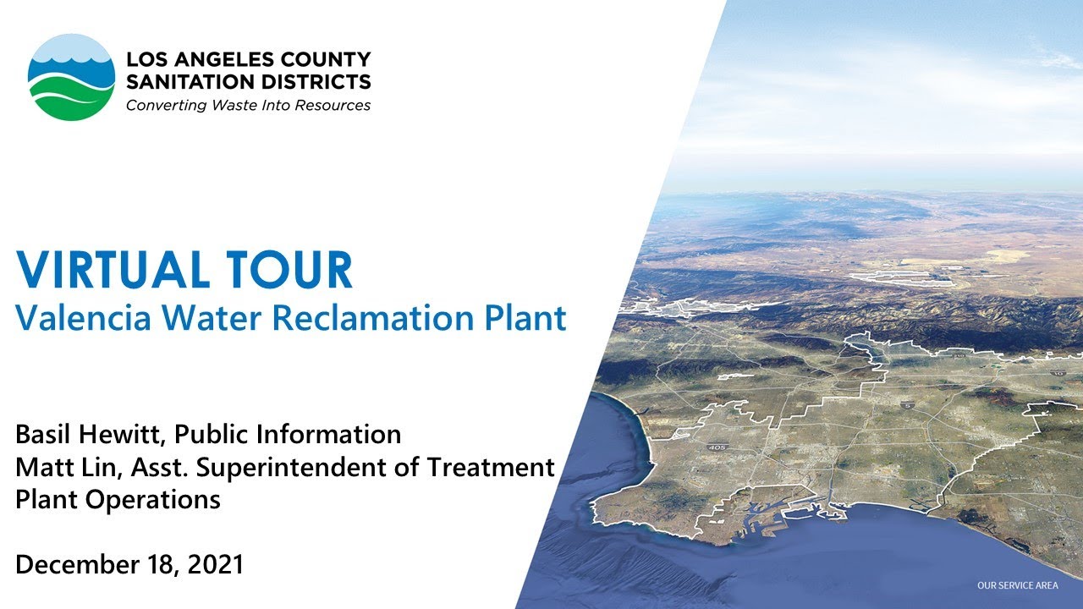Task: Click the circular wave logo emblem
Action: [x=71, y=77]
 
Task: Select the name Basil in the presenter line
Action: [x=41, y=435]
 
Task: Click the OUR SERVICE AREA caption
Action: [x=1017, y=585]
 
